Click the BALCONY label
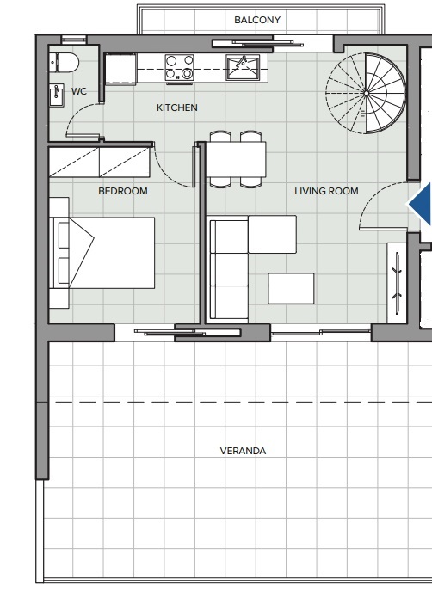pos(257,20)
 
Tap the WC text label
pos(79,91)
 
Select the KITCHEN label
pos(177,108)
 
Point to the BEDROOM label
pos(123,191)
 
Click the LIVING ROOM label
pos(326,191)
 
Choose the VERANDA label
pos(243,451)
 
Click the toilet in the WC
pos(64,63)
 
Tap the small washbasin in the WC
pos(57,96)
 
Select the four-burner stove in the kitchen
pos(180,68)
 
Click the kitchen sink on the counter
pos(243,68)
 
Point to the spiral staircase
pos(366,93)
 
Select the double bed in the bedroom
pos(102,253)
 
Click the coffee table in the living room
pos(291,289)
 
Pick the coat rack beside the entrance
pos(397,283)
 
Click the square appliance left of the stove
pos(120,69)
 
